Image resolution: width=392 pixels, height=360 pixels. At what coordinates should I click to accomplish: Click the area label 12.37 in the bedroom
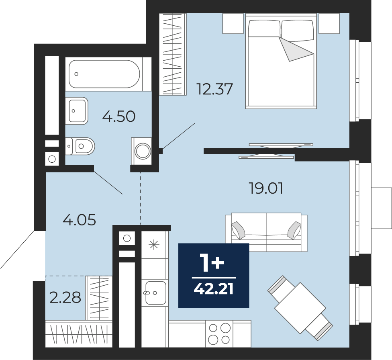click(215, 89)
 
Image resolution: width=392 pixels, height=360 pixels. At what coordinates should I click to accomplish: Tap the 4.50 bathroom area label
click(119, 117)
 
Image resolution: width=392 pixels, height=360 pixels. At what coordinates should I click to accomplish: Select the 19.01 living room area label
click(266, 188)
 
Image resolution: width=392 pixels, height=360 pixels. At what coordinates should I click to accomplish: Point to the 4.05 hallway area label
click(79, 220)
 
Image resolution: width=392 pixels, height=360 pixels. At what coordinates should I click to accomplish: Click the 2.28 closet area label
click(65, 297)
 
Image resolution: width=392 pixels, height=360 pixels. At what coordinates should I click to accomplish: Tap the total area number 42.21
click(214, 289)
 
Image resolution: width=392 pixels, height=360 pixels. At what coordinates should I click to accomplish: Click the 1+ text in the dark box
click(213, 262)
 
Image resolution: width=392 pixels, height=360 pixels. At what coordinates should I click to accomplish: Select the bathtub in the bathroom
click(104, 74)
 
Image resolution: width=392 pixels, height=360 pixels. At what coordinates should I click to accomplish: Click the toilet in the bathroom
click(80, 146)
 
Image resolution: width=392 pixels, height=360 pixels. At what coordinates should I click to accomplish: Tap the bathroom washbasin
click(77, 111)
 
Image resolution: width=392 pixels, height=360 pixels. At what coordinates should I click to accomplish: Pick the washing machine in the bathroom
click(141, 151)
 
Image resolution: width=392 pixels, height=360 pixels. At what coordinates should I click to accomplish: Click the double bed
click(281, 61)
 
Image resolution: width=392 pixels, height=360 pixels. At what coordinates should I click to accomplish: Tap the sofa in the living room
click(266, 232)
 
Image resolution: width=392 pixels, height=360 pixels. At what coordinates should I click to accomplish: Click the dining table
click(300, 308)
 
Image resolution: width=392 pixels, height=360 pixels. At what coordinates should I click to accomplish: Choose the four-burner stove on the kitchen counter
click(219, 334)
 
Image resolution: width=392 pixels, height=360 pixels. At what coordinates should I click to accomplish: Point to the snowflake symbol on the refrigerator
click(154, 245)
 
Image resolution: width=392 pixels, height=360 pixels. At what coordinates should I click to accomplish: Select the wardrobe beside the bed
click(173, 54)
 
